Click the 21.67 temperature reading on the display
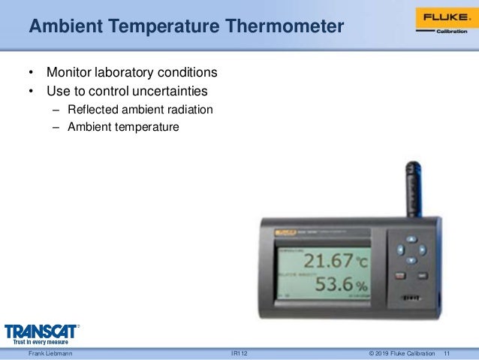[x=327, y=262]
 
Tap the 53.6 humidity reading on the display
[x=333, y=286]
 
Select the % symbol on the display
[x=361, y=287]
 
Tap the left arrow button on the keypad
[x=400, y=250]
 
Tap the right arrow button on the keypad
[x=422, y=250]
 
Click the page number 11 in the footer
[x=448, y=353]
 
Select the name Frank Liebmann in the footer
[x=50, y=353]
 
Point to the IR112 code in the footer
[x=239, y=353]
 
